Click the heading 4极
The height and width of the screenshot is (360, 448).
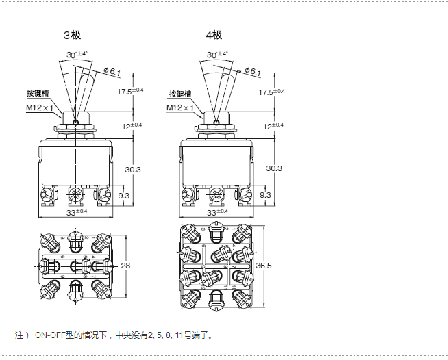tap(213, 35)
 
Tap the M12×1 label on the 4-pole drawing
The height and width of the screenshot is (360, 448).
tap(181, 107)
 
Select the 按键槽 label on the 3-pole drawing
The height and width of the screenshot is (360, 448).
tap(39, 94)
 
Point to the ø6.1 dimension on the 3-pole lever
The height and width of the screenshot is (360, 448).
tap(112, 71)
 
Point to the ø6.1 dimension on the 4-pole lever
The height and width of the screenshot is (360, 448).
tap(253, 71)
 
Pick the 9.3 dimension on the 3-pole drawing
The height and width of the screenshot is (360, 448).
tap(124, 195)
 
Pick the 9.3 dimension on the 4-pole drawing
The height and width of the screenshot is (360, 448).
tap(265, 195)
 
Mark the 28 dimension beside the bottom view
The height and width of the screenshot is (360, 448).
tap(125, 266)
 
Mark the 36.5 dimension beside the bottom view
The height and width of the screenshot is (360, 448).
tap(264, 266)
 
